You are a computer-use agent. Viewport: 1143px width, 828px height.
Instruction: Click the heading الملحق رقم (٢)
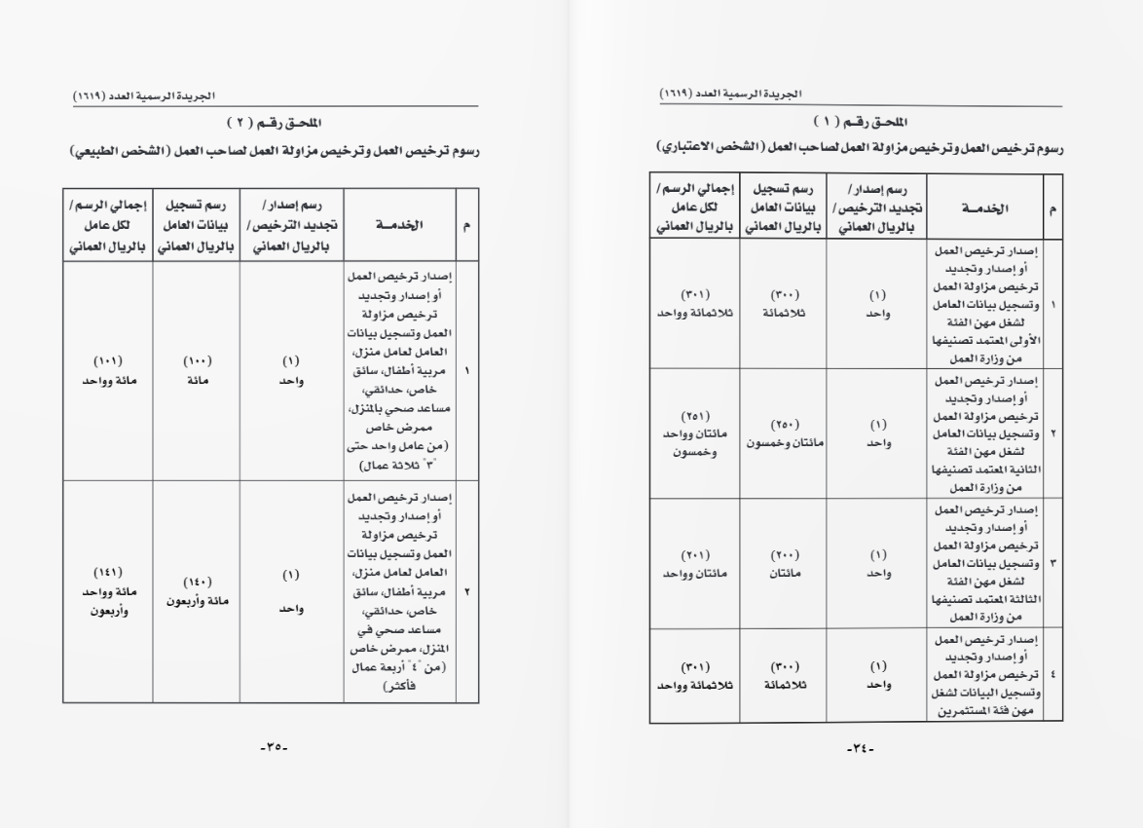coord(274,124)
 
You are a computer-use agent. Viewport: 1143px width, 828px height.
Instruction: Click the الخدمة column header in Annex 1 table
coord(984,208)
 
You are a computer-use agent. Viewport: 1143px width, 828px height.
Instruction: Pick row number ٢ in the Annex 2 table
coord(467,591)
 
